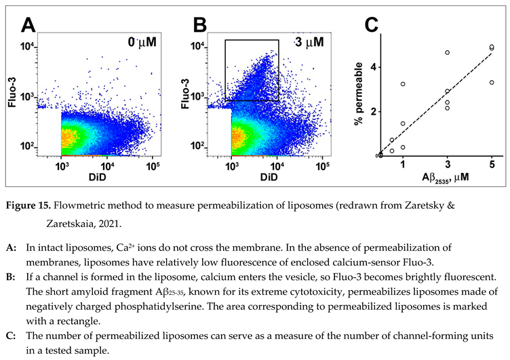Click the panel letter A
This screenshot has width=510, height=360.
(x=28, y=25)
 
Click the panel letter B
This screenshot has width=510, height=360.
(x=199, y=25)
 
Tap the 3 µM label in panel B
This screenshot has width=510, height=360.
(x=310, y=41)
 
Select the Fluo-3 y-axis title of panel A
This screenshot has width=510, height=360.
(x=11, y=92)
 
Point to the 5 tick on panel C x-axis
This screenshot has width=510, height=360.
(x=492, y=165)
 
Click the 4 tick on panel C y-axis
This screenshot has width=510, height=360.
(x=372, y=67)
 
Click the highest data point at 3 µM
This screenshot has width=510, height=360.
(x=448, y=53)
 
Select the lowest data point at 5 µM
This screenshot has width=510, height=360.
(x=492, y=83)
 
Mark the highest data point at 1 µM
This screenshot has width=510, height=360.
(x=403, y=84)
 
